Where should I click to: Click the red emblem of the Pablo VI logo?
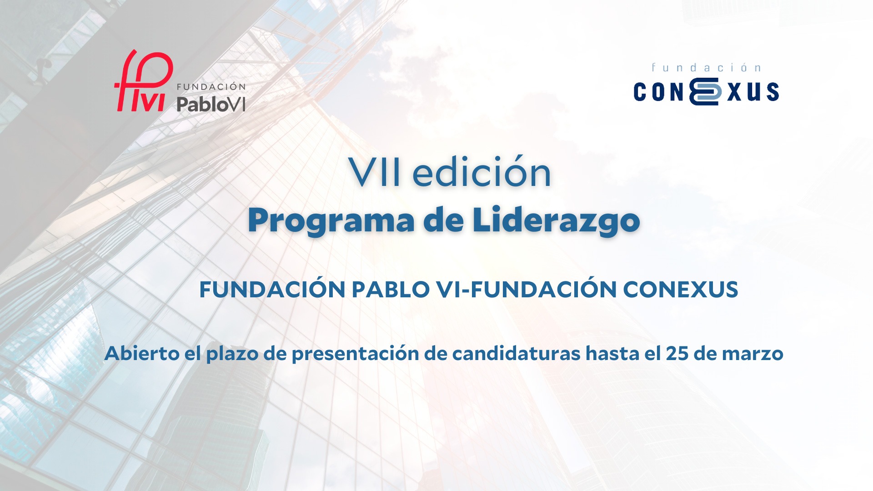(142, 82)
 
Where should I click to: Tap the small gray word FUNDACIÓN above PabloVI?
(211, 86)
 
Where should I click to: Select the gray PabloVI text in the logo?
(211, 104)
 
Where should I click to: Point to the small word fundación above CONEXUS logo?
(706, 68)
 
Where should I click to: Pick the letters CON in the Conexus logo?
(659, 92)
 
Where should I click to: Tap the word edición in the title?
(482, 173)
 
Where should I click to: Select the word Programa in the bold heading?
(331, 221)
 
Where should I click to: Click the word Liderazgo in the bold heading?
(556, 221)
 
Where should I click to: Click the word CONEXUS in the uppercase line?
(680, 290)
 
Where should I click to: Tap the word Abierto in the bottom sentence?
(142, 354)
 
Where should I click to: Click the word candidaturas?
(516, 354)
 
